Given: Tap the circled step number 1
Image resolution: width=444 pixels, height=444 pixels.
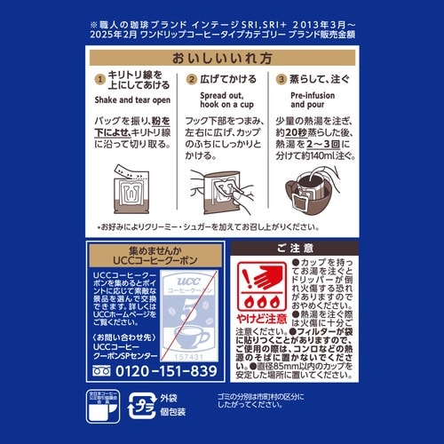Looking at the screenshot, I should [99, 80].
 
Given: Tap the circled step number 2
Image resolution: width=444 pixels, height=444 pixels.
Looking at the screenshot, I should [192, 80].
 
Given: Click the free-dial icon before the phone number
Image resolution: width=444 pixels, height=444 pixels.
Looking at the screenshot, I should [103, 370].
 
